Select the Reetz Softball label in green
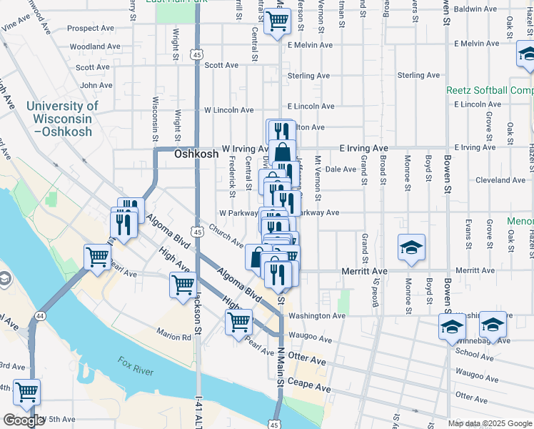pos(490,90)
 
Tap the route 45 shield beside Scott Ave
pos(197,54)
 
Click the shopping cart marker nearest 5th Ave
pos(26,391)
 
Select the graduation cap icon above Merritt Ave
pos(411,247)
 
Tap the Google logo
pos(23,420)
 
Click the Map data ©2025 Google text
pos(490,423)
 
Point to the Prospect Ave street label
pos(92,29)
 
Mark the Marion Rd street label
pos(175,332)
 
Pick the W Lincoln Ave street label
pos(228,110)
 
